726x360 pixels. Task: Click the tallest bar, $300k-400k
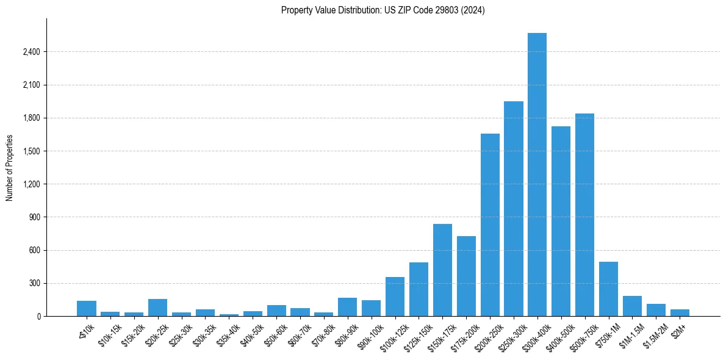(537, 175)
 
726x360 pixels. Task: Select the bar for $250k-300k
(513, 209)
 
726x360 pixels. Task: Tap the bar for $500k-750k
(584, 215)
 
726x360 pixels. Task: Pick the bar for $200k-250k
(490, 225)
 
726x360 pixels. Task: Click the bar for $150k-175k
(442, 270)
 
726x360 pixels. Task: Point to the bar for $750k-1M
(608, 289)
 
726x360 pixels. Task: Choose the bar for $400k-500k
(561, 221)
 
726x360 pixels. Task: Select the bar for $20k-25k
(157, 308)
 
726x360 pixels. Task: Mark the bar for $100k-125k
(395, 297)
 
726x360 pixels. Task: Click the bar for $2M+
(680, 312)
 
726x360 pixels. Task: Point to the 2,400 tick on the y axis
(31, 52)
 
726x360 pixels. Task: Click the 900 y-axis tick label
(34, 217)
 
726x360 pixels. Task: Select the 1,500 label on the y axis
(31, 151)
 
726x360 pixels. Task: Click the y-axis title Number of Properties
(9, 167)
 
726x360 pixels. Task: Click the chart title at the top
(383, 10)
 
